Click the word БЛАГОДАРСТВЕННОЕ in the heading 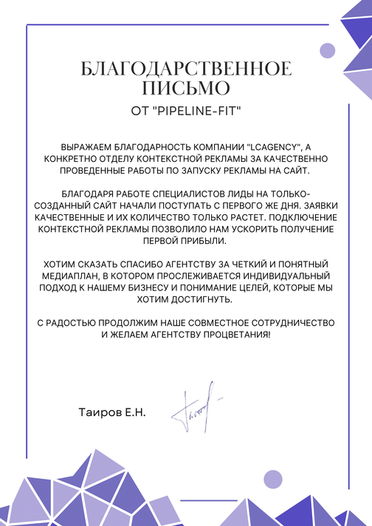point(186,69)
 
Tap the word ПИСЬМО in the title point(186,89)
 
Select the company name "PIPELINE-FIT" point(195,111)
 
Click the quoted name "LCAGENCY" point(272,146)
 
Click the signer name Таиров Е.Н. point(111,411)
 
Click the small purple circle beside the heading point(327,50)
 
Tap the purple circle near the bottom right point(273,479)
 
